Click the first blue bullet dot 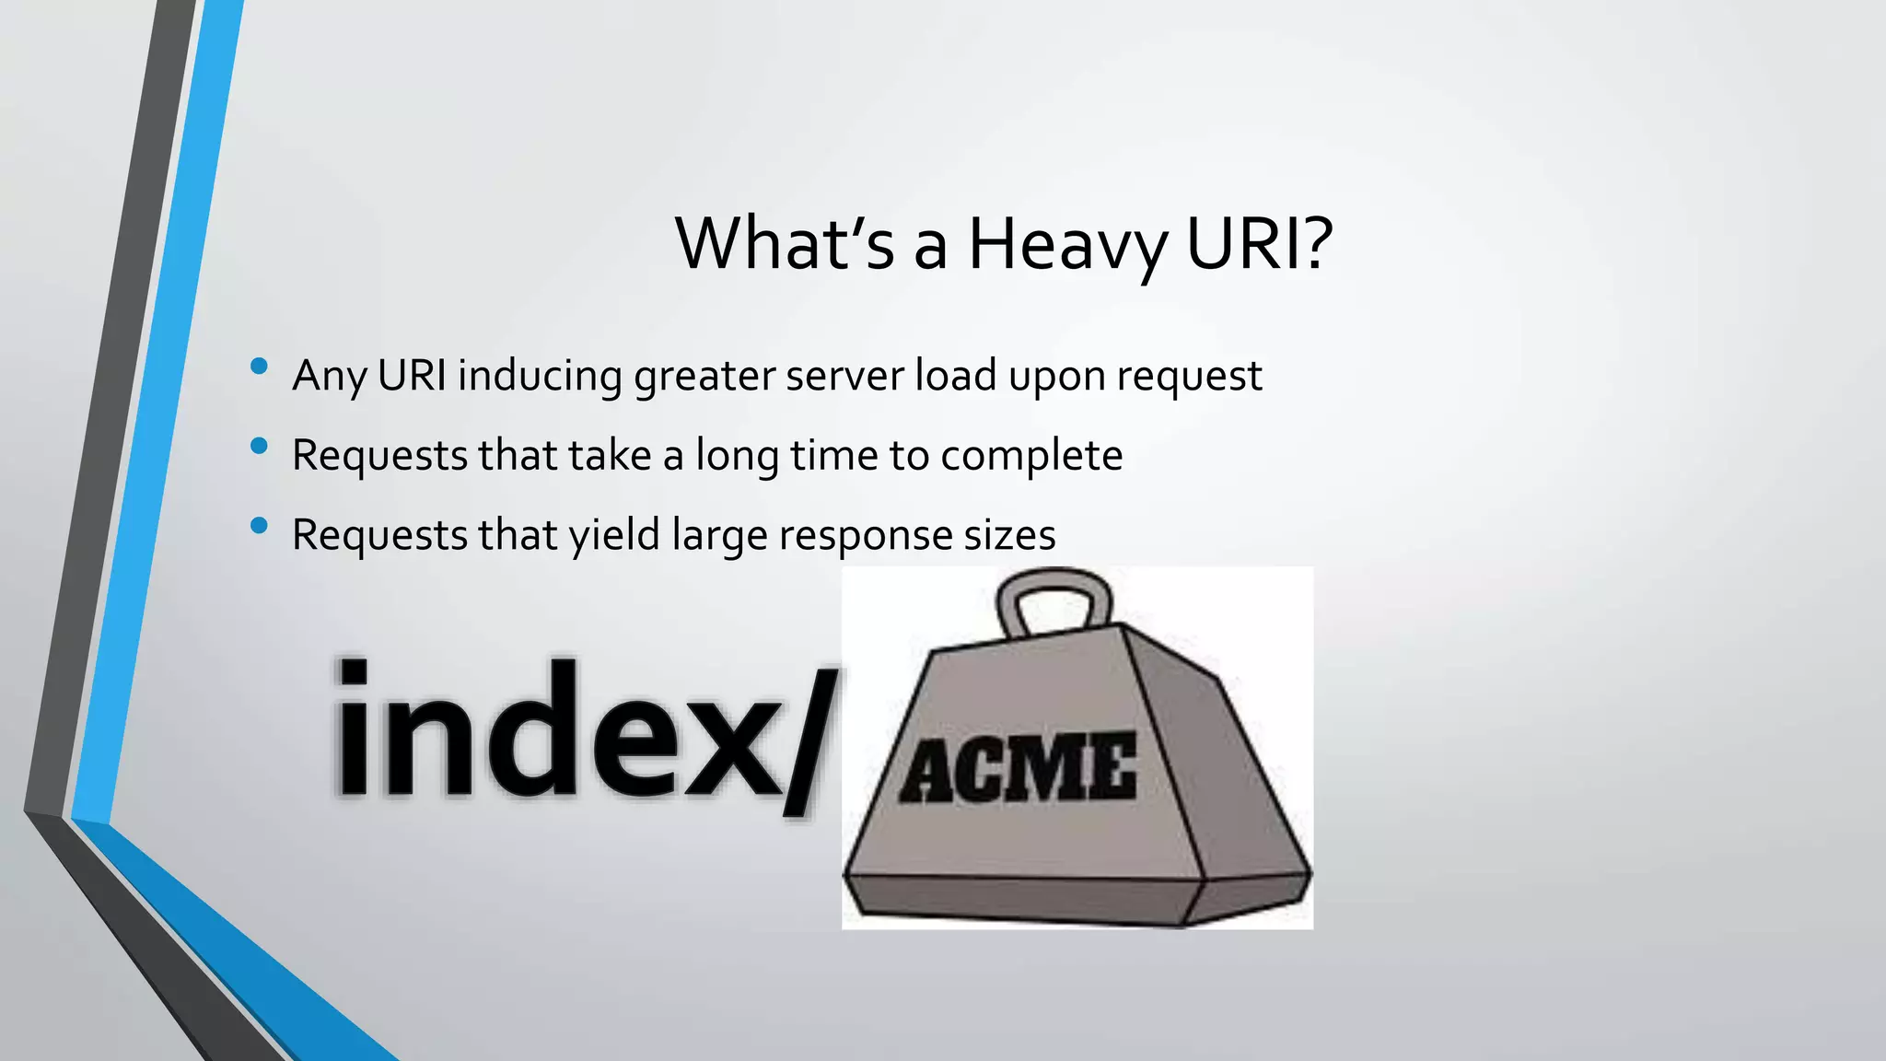[259, 367]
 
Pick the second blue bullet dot [259, 447]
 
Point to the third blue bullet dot [259, 526]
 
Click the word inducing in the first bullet [540, 376]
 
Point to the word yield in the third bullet [614, 535]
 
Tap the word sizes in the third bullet [1009, 535]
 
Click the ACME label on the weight [1018, 768]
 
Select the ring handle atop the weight [1055, 601]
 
